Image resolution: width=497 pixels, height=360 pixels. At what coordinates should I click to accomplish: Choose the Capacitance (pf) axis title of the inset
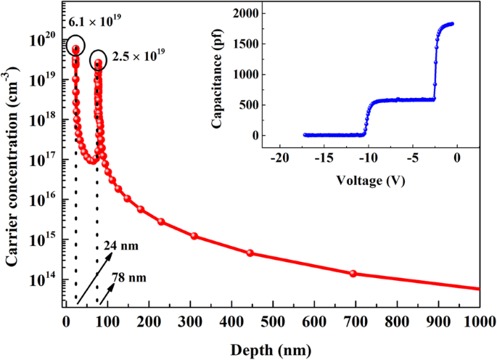216,74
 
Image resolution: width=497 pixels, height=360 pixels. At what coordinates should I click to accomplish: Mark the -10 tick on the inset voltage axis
368,159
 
